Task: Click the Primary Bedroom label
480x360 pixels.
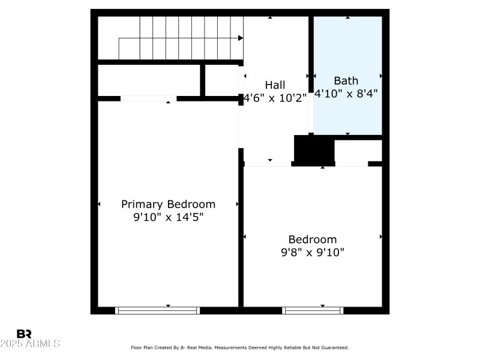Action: tap(168, 204)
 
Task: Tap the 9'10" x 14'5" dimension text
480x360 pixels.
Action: tap(168, 217)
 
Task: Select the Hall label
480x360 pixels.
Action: tap(275, 85)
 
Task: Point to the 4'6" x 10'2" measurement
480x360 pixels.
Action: tap(275, 97)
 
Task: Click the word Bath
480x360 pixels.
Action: tap(346, 80)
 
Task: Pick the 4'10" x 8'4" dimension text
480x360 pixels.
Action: tap(346, 94)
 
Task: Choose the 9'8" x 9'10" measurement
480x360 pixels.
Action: tap(313, 253)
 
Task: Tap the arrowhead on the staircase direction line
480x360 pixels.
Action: tap(241, 38)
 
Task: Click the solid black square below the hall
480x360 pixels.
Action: tap(314, 149)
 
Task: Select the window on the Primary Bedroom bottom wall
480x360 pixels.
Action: tap(158, 310)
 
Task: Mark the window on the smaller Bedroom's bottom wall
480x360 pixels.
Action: tap(313, 310)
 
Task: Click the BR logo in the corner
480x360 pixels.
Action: tap(24, 334)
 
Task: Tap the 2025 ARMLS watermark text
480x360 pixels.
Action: tap(30, 344)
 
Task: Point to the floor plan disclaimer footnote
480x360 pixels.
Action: tap(240, 347)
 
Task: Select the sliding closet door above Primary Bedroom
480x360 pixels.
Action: tap(148, 98)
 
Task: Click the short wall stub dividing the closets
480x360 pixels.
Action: tap(203, 80)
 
